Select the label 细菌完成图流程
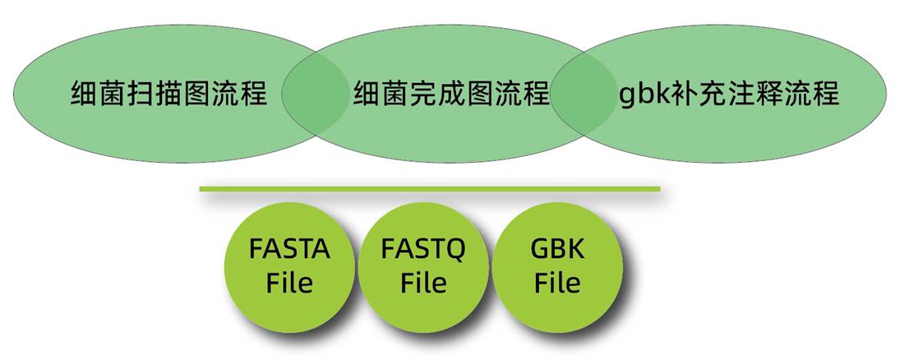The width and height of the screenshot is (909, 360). coord(451,94)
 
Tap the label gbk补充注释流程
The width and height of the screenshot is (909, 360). coord(728,93)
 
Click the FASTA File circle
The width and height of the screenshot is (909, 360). coord(289,265)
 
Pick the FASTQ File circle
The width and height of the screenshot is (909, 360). coord(423,265)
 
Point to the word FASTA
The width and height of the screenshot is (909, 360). coord(289,249)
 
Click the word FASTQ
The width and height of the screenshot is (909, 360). coord(423,249)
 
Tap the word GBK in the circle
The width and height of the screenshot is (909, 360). coord(557,249)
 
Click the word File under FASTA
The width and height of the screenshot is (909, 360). coord(289,283)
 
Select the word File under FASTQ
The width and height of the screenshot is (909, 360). coord(423,283)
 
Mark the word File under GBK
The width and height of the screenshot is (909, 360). coord(557,283)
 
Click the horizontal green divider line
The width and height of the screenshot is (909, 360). coord(429,189)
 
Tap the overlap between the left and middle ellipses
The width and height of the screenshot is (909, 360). coord(315,92)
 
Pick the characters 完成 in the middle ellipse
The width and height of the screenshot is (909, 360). coord(451,94)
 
